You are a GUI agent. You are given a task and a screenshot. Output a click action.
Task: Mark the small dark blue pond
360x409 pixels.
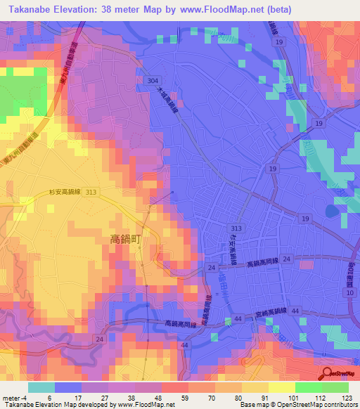click(332, 209)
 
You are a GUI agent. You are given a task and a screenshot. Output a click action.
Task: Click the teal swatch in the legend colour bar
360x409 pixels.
click(41, 387)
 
